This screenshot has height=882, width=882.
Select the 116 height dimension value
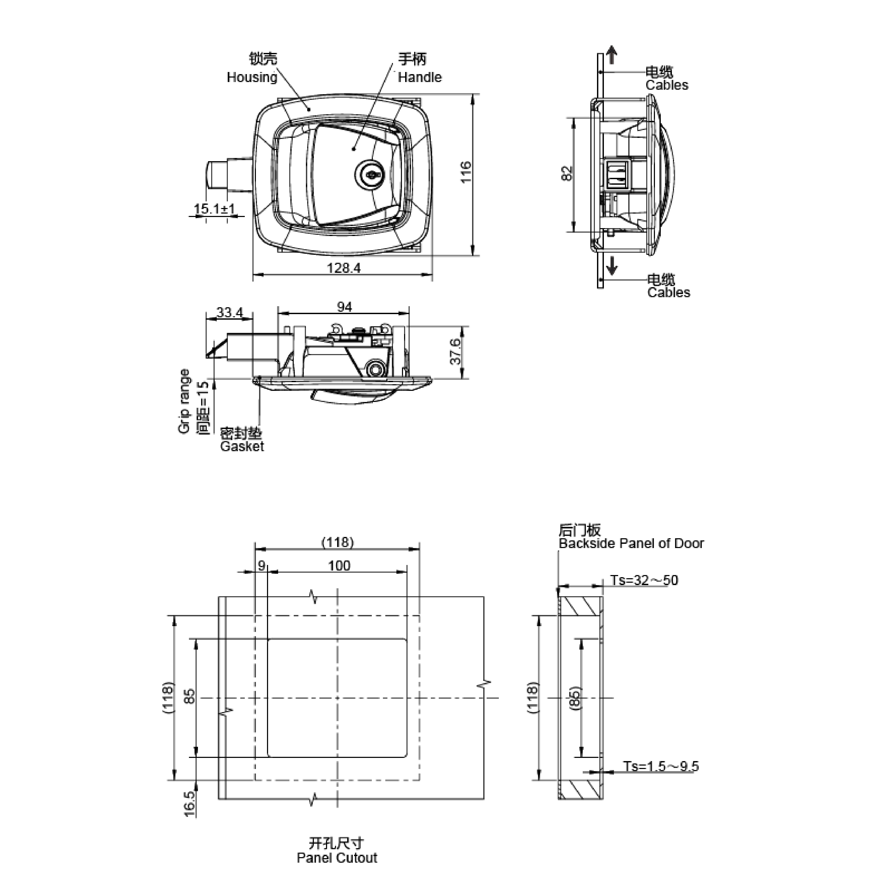point(465,172)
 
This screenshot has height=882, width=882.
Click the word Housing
point(252,78)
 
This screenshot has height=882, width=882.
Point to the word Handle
point(419,78)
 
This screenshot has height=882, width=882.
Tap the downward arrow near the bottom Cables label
point(612,265)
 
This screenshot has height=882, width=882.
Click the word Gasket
point(242,446)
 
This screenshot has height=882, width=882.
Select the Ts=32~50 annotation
point(644,580)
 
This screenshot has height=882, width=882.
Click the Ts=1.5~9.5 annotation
point(661,767)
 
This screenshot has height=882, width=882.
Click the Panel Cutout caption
point(337,858)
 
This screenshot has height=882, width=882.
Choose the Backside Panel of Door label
point(631,543)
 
